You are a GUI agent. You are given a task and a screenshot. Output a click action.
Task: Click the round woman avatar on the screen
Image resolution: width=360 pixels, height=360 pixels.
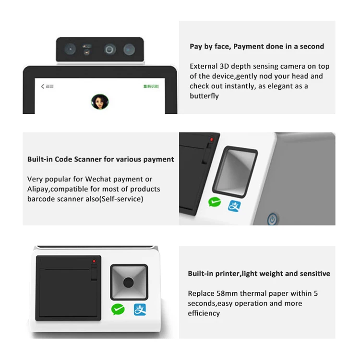point(100,102)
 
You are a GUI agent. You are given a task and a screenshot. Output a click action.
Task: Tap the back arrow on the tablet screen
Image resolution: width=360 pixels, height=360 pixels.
point(43,86)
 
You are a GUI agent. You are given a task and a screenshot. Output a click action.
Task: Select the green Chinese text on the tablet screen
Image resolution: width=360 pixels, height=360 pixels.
point(151,86)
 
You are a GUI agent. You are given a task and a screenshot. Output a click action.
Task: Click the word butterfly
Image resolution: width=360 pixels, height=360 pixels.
point(204,96)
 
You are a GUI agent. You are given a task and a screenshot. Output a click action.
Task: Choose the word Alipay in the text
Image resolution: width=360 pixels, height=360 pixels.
point(38,189)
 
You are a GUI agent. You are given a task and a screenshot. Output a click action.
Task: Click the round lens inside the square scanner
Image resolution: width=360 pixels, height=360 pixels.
point(128,282)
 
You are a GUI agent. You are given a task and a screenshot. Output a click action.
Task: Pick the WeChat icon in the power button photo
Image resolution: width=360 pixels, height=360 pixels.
point(215,202)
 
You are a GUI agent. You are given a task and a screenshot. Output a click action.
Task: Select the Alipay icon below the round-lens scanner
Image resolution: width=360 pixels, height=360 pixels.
point(140,310)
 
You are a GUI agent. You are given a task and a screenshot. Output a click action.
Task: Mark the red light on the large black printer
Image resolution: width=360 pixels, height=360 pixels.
point(94,261)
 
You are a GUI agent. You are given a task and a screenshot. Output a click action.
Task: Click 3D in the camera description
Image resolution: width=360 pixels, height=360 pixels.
point(225,66)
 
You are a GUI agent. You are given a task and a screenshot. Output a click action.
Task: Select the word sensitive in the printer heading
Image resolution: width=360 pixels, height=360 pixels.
point(314,274)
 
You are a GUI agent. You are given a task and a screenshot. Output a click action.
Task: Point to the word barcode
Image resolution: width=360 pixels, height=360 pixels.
point(41,199)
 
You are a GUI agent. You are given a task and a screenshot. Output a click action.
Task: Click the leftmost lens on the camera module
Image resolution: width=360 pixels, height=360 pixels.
point(71,48)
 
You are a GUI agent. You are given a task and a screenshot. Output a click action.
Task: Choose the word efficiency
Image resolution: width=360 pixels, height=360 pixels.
point(204,313)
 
